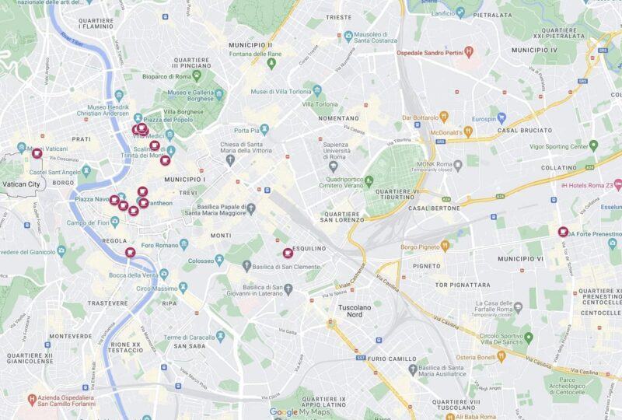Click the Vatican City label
[21, 184]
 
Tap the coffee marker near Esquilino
[288, 253]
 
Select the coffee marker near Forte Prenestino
[563, 231]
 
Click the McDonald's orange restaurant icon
[467, 131]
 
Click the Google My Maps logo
[299, 412]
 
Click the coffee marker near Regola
[131, 252]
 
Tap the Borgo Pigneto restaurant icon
[445, 247]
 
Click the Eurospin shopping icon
[501, 119]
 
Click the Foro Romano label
[160, 245]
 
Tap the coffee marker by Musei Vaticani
[37, 153]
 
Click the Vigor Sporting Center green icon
[593, 145]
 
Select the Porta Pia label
[246, 130]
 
